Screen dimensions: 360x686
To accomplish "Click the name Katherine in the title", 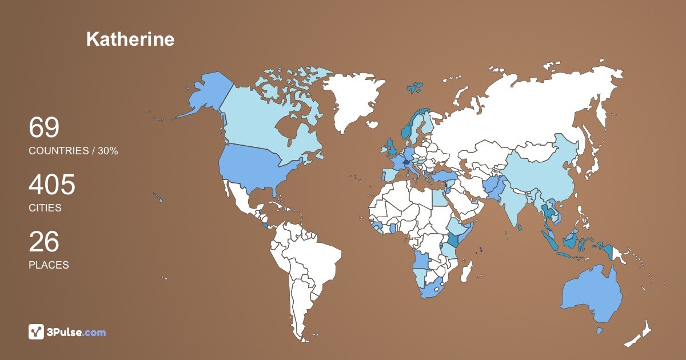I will pyautogui.click(x=130, y=39).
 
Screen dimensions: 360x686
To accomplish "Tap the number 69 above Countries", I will pyautogui.click(x=44, y=128).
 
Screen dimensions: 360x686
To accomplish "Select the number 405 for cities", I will pyautogui.click(x=52, y=185).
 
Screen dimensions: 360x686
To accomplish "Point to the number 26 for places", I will pyautogui.click(x=44, y=242).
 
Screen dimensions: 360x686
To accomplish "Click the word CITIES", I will pyautogui.click(x=45, y=208).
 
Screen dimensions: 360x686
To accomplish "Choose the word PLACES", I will pyautogui.click(x=49, y=265).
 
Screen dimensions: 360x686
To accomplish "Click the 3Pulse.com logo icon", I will pyautogui.click(x=36, y=331).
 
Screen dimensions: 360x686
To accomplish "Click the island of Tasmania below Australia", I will pyautogui.click(x=600, y=330).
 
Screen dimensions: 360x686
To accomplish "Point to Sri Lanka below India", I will pyautogui.click(x=519, y=227).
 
